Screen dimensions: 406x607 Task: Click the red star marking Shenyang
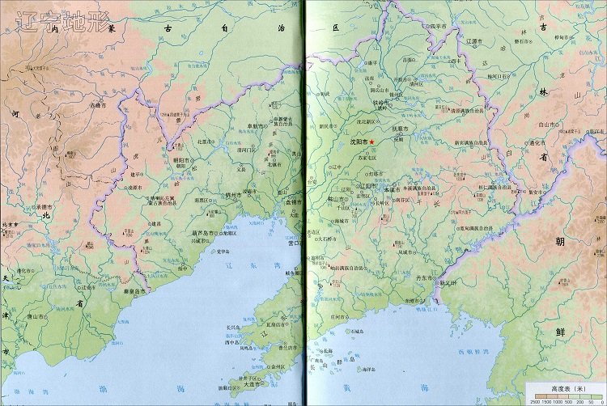[384, 142]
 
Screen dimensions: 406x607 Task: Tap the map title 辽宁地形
[61, 22]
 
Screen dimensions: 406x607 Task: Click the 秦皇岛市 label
[134, 290]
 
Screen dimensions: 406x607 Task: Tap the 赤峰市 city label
[98, 104]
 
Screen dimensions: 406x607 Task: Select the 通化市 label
[557, 142]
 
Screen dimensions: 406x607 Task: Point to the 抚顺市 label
[400, 129]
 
